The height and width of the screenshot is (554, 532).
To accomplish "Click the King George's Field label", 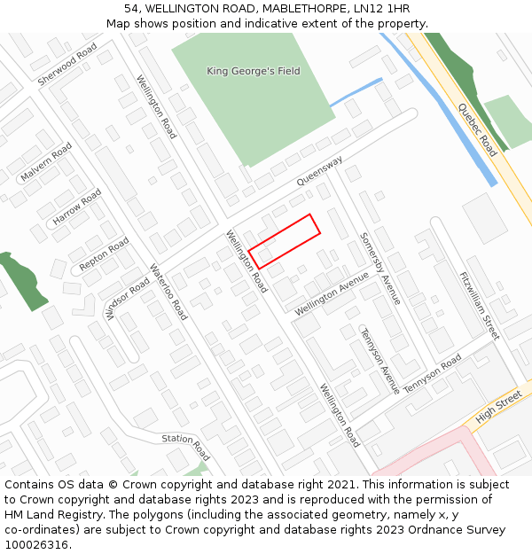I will point(253,71).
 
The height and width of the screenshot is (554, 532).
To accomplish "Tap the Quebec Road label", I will point(477,129).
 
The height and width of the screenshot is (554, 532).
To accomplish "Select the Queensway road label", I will point(319,171).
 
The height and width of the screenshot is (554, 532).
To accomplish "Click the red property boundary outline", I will point(284,241).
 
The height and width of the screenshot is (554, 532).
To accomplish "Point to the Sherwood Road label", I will point(67,65).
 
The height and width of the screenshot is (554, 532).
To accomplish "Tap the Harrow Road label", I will point(77,207).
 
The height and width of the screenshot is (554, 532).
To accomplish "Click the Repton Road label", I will point(104,254).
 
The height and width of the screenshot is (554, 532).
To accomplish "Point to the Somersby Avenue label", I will point(380,269).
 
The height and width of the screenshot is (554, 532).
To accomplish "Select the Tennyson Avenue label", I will point(379,361).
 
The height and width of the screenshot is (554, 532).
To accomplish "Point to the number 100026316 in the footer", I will point(35,544).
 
